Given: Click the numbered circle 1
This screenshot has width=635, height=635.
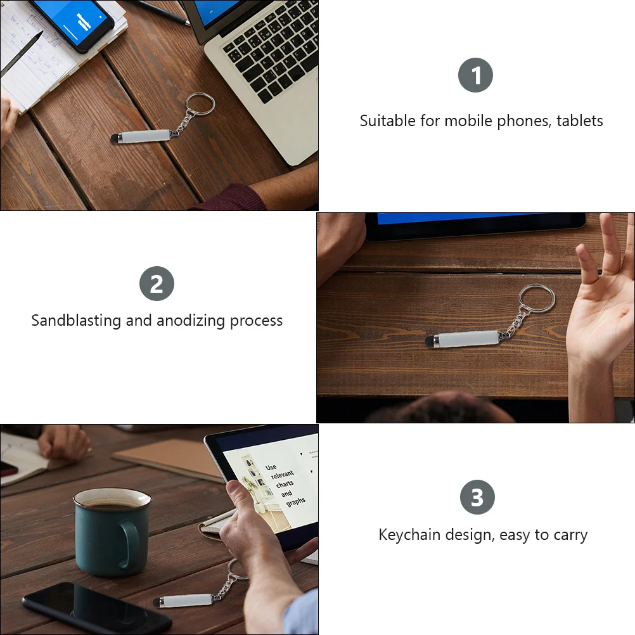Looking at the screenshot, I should (x=475, y=76).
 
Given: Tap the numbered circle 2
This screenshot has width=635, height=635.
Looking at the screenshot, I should (x=157, y=283).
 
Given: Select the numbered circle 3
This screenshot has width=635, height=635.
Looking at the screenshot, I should (x=477, y=497).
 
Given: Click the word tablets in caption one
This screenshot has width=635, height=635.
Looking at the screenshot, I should (x=579, y=120).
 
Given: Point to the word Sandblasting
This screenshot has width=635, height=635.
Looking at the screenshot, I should (x=76, y=320).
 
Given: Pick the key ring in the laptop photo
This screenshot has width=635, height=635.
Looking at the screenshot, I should (x=200, y=103).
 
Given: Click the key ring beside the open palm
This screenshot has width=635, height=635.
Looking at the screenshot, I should (x=537, y=300).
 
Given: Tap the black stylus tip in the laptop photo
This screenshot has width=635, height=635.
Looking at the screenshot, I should (x=115, y=138).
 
